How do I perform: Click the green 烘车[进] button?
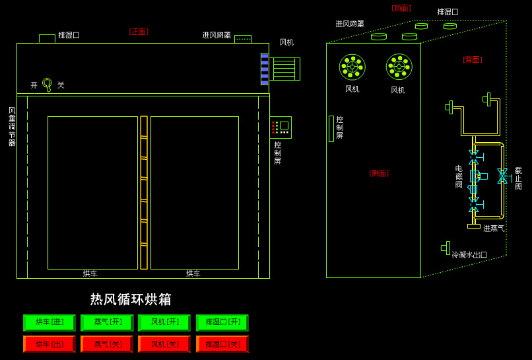[50, 322]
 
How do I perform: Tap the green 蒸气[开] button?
[107, 322]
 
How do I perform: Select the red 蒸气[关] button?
[107, 344]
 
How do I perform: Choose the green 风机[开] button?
[164, 322]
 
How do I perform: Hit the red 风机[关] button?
[164, 344]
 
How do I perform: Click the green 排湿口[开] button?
[222, 322]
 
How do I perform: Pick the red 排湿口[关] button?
[222, 344]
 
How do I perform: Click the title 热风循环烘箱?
[131, 299]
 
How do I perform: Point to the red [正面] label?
[139, 32]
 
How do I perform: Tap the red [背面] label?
[472, 59]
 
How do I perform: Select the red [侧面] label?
[379, 173]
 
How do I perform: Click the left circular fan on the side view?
[352, 67]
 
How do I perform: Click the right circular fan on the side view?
[399, 67]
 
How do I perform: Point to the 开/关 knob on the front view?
[47, 83]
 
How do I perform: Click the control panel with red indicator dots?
[281, 127]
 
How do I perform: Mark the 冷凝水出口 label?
[469, 254]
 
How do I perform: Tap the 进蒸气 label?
[494, 229]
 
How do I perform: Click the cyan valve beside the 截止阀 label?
[502, 176]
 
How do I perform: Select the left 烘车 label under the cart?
[90, 273]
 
